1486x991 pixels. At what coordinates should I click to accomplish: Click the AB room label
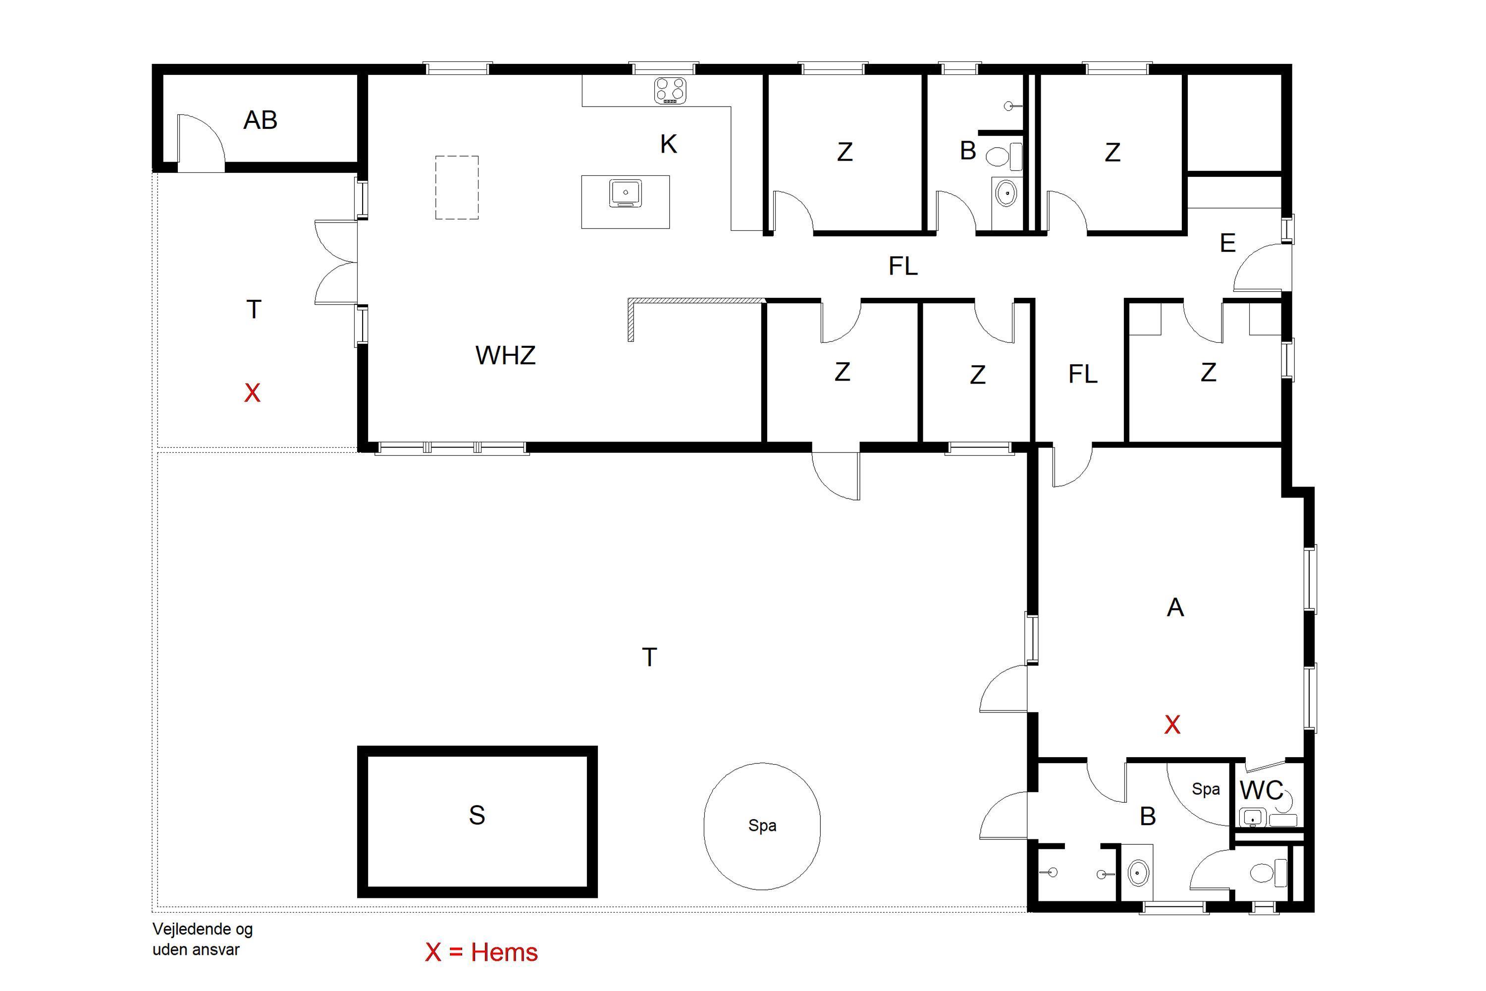click(261, 120)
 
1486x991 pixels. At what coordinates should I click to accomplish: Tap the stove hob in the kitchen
click(670, 90)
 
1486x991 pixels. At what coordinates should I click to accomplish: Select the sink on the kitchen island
click(626, 193)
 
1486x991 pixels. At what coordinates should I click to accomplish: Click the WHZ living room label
click(505, 355)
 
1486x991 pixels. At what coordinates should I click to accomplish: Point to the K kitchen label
click(668, 144)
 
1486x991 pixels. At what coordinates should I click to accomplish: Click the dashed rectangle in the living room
click(457, 188)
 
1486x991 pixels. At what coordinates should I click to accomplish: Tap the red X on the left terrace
click(252, 393)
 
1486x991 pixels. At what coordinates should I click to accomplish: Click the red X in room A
click(1172, 724)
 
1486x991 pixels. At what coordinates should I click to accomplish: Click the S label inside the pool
click(477, 815)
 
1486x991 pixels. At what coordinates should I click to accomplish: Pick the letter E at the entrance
click(1227, 243)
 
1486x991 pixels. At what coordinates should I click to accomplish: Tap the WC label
click(1261, 790)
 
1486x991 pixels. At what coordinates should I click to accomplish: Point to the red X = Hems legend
click(481, 952)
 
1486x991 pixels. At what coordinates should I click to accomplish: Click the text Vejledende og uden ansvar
click(202, 939)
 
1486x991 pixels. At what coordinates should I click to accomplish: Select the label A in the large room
click(1175, 607)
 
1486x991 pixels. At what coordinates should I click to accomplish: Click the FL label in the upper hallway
click(903, 266)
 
